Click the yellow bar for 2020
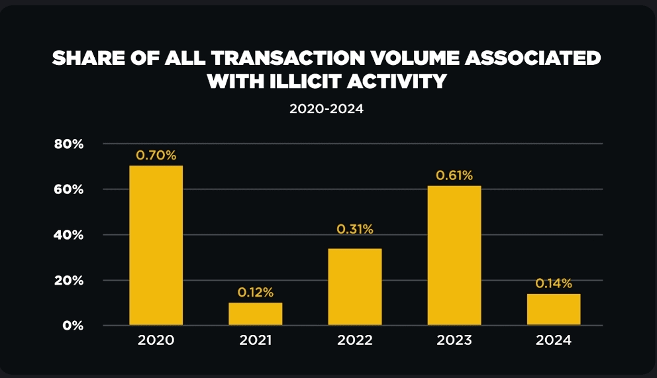click(x=156, y=245)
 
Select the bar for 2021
click(x=255, y=314)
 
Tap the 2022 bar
click(x=354, y=287)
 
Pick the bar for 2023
click(x=454, y=256)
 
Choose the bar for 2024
click(x=554, y=309)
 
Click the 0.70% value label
click(x=156, y=156)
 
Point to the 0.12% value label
click(x=256, y=293)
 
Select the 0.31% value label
click(x=355, y=229)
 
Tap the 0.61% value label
click(x=454, y=175)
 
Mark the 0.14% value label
click(x=554, y=283)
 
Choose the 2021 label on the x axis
click(x=256, y=341)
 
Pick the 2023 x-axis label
click(x=454, y=341)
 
